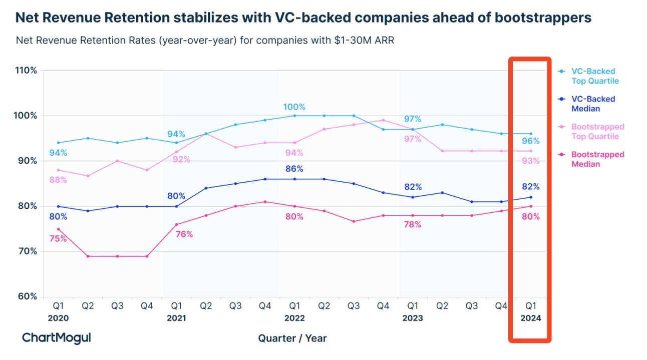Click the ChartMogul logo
[56, 338]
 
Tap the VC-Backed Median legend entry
[593, 104]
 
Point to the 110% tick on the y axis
[26, 71]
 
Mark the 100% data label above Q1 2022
[294, 107]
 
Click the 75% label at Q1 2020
[58, 239]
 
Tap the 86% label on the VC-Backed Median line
[294, 169]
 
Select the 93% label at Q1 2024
[531, 161]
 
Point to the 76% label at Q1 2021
[184, 234]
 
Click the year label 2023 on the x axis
[412, 318]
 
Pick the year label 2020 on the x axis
[58, 318]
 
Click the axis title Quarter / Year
[292, 338]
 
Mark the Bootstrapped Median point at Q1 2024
[531, 206]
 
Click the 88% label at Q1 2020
[58, 180]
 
